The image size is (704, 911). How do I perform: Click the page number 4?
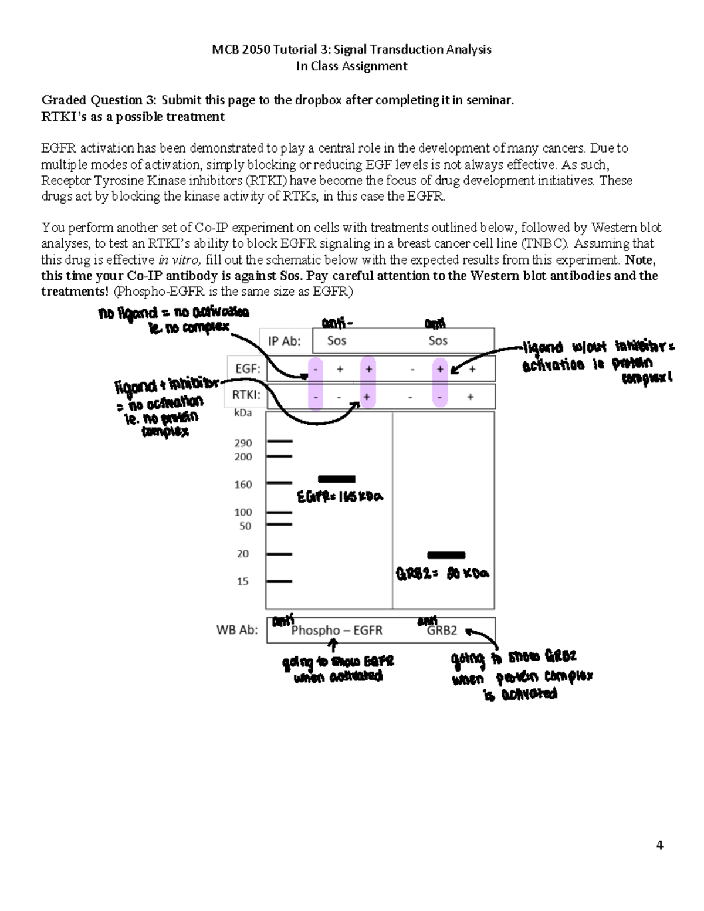click(x=659, y=845)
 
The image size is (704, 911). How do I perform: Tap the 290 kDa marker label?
click(x=243, y=443)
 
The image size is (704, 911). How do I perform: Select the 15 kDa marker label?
click(x=242, y=581)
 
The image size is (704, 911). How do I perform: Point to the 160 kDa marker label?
click(x=243, y=485)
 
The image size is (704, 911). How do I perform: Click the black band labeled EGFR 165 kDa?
click(x=336, y=479)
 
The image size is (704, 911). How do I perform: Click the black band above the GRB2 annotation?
click(x=446, y=555)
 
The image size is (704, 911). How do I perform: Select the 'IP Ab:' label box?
click(x=284, y=341)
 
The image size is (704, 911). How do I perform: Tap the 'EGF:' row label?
click(x=247, y=370)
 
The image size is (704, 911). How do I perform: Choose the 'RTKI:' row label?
click(x=245, y=395)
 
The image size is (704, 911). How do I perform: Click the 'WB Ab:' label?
click(x=237, y=631)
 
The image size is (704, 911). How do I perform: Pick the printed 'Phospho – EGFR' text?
click(x=336, y=631)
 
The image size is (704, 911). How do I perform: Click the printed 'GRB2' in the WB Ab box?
click(x=441, y=631)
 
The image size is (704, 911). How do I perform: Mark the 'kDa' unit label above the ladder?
click(x=242, y=413)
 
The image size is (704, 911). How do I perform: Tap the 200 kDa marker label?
click(x=243, y=457)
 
